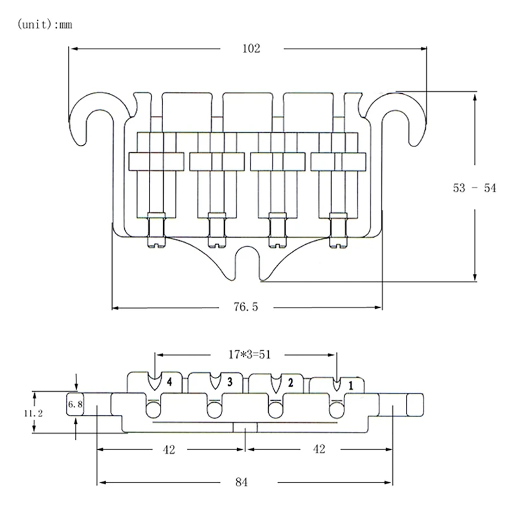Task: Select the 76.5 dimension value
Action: [246, 308]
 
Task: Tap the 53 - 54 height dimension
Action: [474, 188]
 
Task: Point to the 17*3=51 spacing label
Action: [246, 355]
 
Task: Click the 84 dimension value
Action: [245, 482]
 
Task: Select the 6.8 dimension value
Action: [75, 404]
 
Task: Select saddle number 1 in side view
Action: [351, 385]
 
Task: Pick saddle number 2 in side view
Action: [290, 382]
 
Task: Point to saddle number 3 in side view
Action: [229, 382]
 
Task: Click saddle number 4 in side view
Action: [168, 382]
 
